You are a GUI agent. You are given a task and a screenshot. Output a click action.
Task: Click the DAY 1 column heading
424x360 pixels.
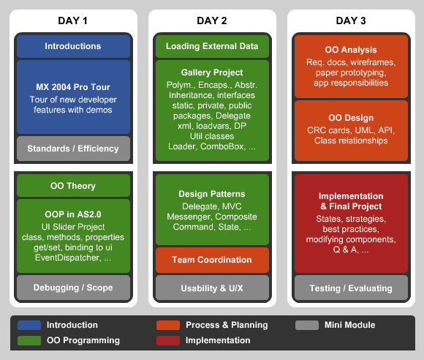[73, 20]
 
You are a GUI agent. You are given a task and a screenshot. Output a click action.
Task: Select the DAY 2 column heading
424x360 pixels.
[212, 20]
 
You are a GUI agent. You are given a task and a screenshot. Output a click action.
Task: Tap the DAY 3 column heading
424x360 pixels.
[351, 20]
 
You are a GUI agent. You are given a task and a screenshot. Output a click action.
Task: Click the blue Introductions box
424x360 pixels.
[73, 46]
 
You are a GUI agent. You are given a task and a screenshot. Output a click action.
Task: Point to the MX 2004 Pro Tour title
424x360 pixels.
[73, 87]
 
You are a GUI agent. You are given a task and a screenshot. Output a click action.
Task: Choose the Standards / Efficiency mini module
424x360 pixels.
[73, 149]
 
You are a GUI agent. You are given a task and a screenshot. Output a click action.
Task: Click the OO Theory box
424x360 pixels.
[73, 186]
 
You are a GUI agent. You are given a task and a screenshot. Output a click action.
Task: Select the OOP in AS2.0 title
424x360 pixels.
[73, 214]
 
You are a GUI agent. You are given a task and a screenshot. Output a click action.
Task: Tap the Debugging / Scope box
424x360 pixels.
[73, 288]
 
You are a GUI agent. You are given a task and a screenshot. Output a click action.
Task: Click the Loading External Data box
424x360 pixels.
[212, 46]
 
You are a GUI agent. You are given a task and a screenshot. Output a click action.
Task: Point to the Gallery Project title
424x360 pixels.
[212, 72]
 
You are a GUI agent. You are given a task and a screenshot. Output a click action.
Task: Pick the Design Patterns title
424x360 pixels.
[212, 194]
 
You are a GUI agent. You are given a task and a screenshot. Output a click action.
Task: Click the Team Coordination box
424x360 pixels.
[212, 260]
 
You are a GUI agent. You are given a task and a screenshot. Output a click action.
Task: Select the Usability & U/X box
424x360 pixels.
[212, 288]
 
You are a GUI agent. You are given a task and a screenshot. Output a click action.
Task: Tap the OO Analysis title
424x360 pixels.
[351, 50]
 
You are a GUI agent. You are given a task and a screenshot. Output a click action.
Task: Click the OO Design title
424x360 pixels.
[351, 118]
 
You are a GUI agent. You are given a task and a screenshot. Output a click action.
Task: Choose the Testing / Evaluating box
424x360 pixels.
[351, 288]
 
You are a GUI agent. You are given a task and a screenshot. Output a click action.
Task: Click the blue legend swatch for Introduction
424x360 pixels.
[29, 325]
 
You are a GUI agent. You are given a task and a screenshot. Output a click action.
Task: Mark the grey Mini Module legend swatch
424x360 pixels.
[307, 325]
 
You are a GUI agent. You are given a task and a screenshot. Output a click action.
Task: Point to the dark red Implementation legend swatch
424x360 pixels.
[168, 340]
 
